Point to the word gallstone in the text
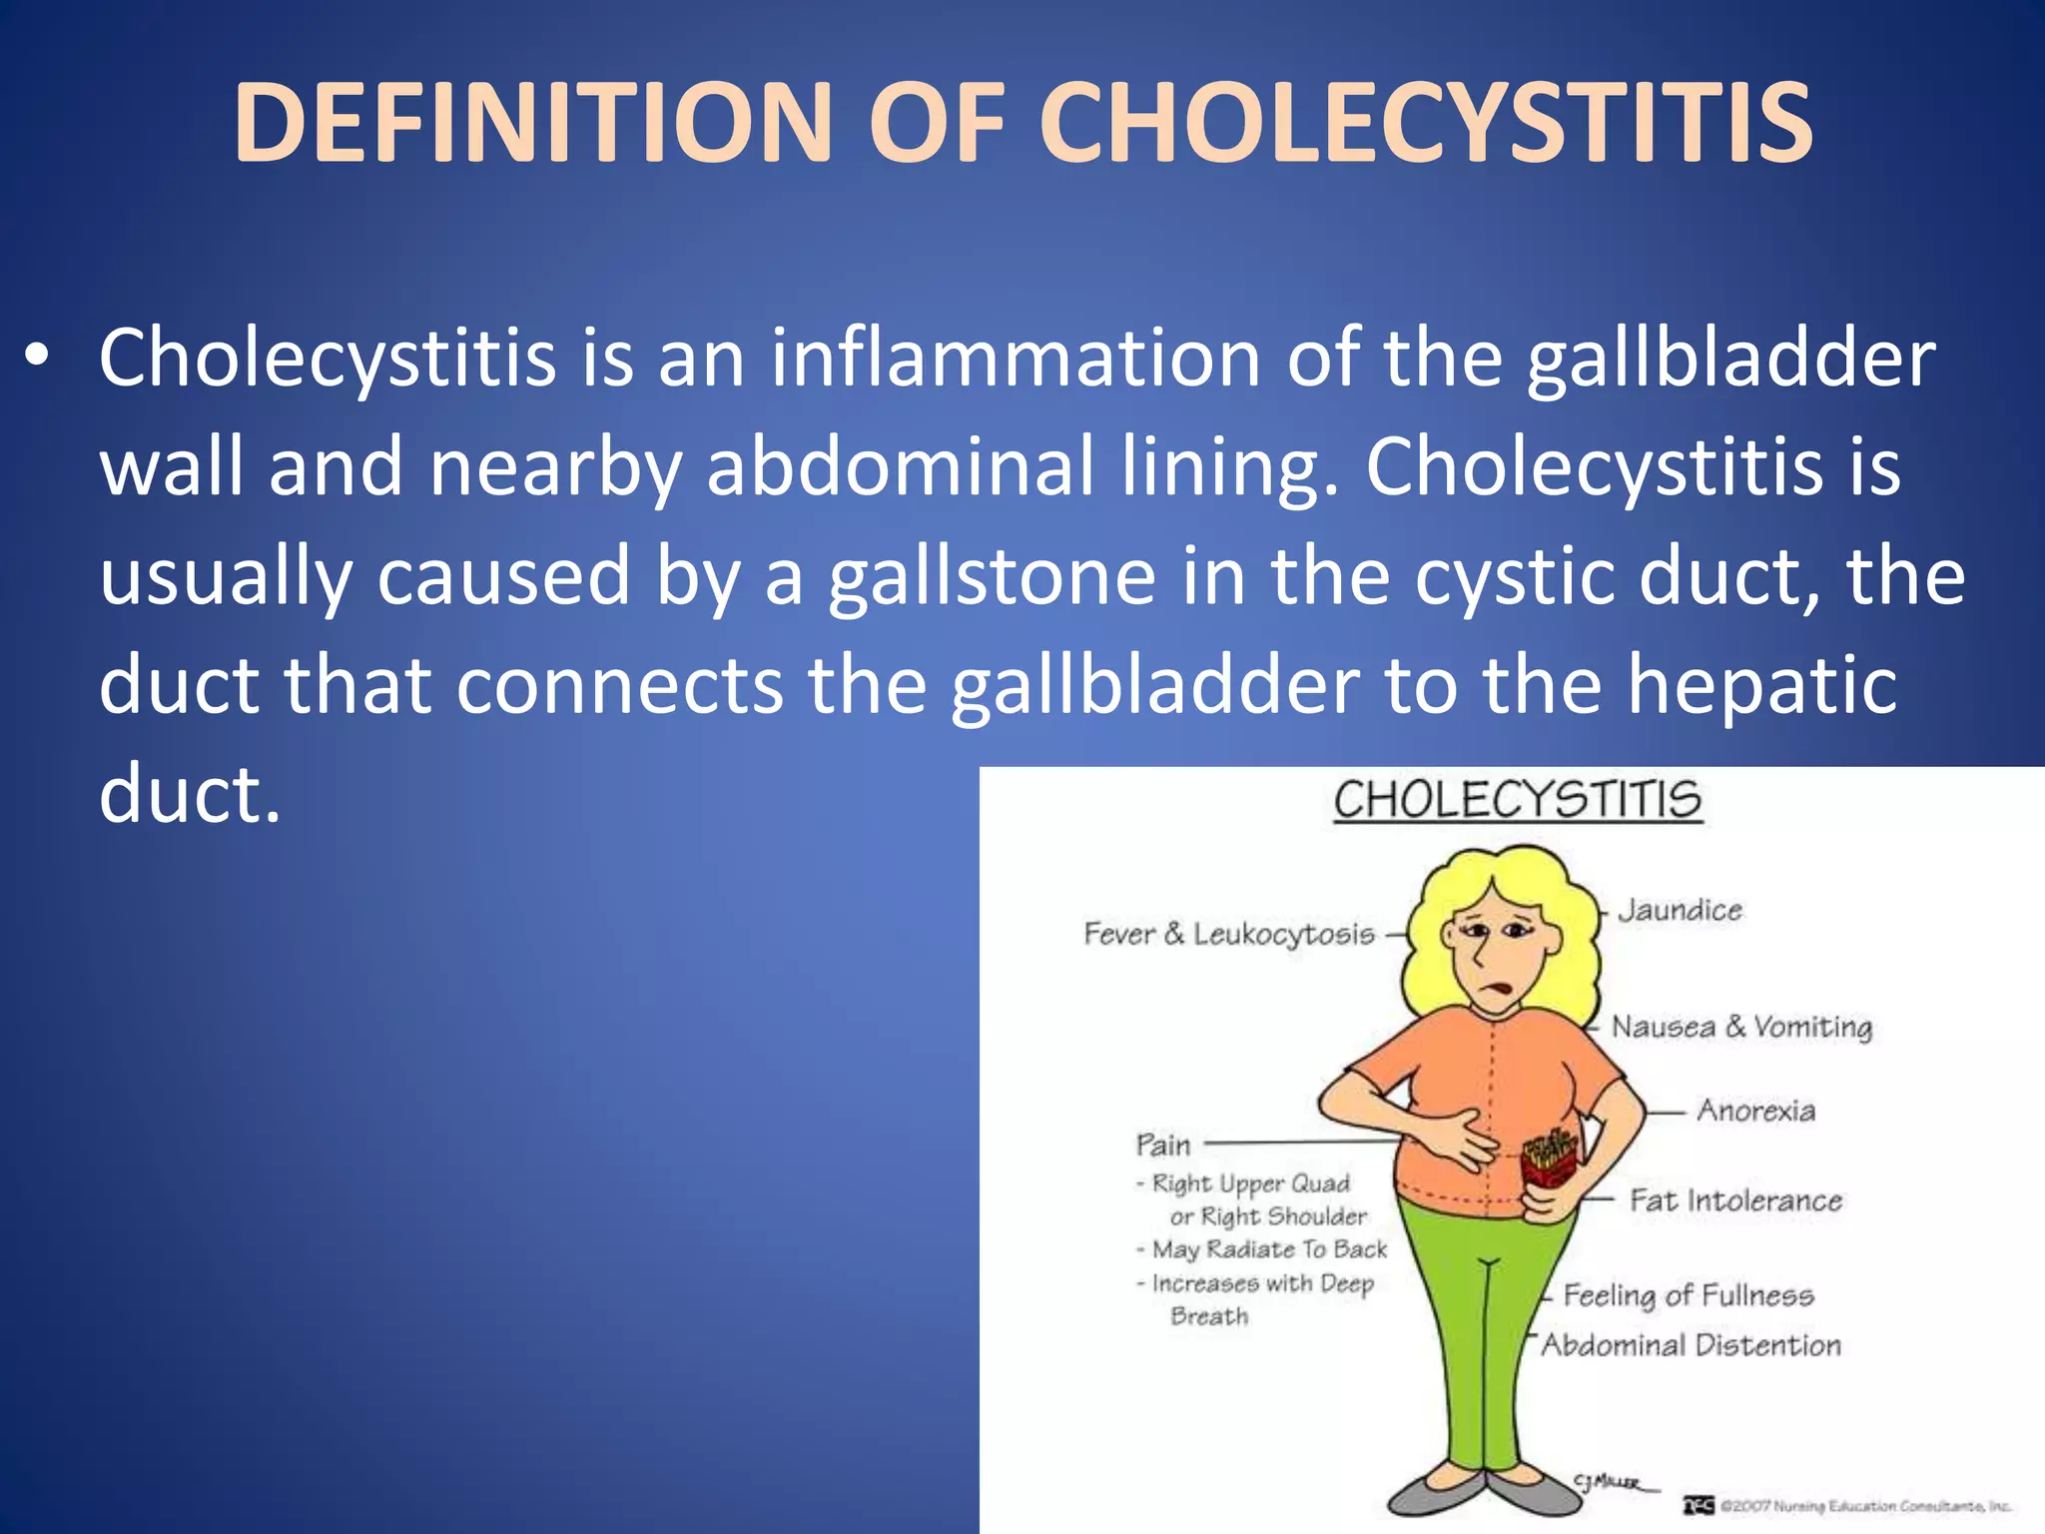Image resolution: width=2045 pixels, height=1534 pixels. (992, 576)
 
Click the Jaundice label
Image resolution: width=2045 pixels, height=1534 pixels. (1680, 910)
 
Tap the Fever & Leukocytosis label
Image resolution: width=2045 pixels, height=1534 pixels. (1229, 934)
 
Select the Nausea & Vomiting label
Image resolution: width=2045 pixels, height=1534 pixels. (1741, 1027)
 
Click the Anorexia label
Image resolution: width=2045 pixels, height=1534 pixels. (1755, 1111)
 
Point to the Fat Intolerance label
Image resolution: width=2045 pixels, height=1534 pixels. (1735, 1199)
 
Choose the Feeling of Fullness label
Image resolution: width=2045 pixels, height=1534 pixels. (1688, 1295)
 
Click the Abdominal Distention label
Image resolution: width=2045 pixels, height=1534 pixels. (1691, 1345)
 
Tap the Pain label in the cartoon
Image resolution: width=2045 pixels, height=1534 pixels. (1163, 1145)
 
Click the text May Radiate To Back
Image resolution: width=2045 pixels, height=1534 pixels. (1269, 1249)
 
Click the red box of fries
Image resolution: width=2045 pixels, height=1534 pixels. (1549, 1158)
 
